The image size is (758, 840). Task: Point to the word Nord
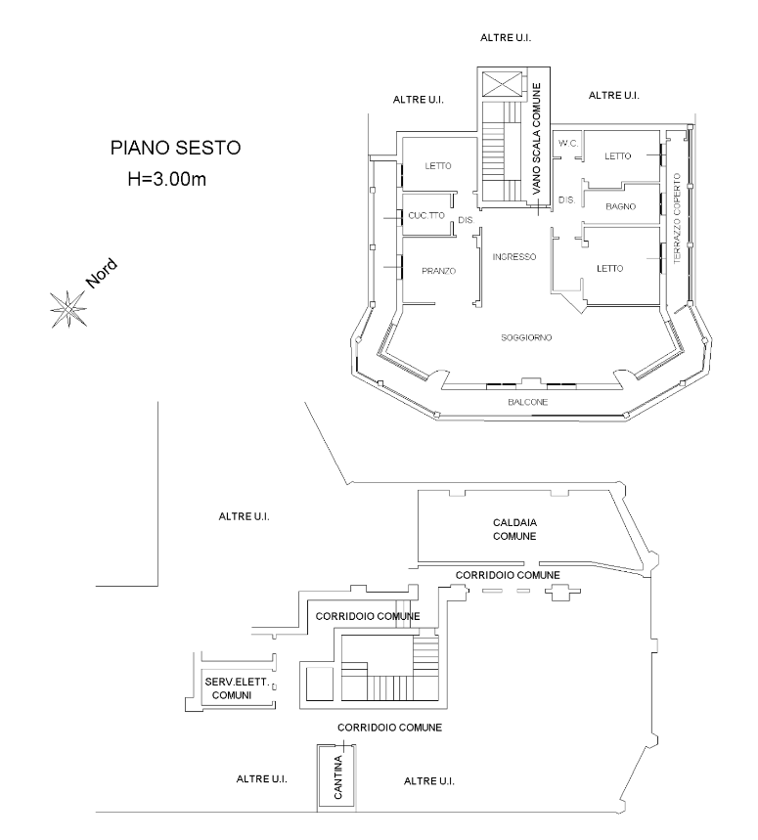102,272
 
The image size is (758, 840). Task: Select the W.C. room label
569,144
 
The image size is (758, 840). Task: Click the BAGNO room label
621,206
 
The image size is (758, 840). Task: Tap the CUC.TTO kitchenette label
426,215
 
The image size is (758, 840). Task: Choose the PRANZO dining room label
439,271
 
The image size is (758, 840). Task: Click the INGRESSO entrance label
513,257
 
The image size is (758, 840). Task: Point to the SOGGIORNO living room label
527,337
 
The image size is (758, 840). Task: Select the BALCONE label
526,403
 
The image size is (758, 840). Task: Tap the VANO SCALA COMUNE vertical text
536,142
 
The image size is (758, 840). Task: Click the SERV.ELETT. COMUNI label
230,686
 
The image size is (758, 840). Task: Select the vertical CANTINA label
336,779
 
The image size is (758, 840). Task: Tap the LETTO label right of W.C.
618,156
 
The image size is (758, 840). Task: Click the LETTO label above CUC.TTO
438,166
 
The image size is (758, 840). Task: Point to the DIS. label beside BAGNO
565,199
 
